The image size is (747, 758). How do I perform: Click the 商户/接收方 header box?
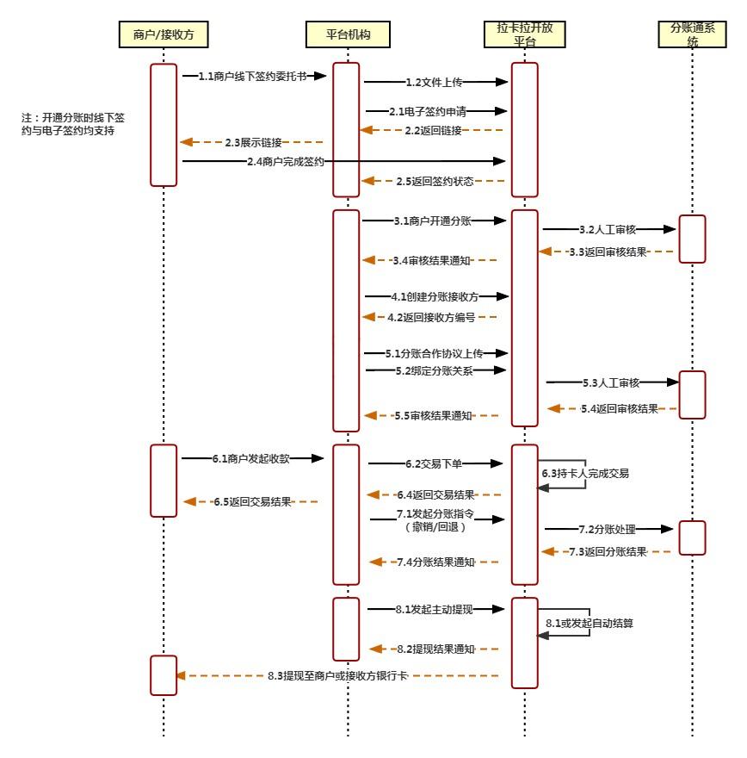click(x=163, y=34)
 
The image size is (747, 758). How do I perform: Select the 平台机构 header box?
click(x=348, y=34)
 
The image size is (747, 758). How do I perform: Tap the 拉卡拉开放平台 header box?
click(x=524, y=34)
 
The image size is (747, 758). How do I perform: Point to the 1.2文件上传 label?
click(x=434, y=83)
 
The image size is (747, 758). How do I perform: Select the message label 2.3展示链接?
click(x=253, y=142)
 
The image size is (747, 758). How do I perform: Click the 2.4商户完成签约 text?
click(x=285, y=161)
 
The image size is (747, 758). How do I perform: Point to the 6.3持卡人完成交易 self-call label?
click(x=585, y=474)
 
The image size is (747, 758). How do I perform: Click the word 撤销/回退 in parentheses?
click(x=435, y=527)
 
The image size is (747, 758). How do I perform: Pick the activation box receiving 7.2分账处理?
click(x=692, y=537)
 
